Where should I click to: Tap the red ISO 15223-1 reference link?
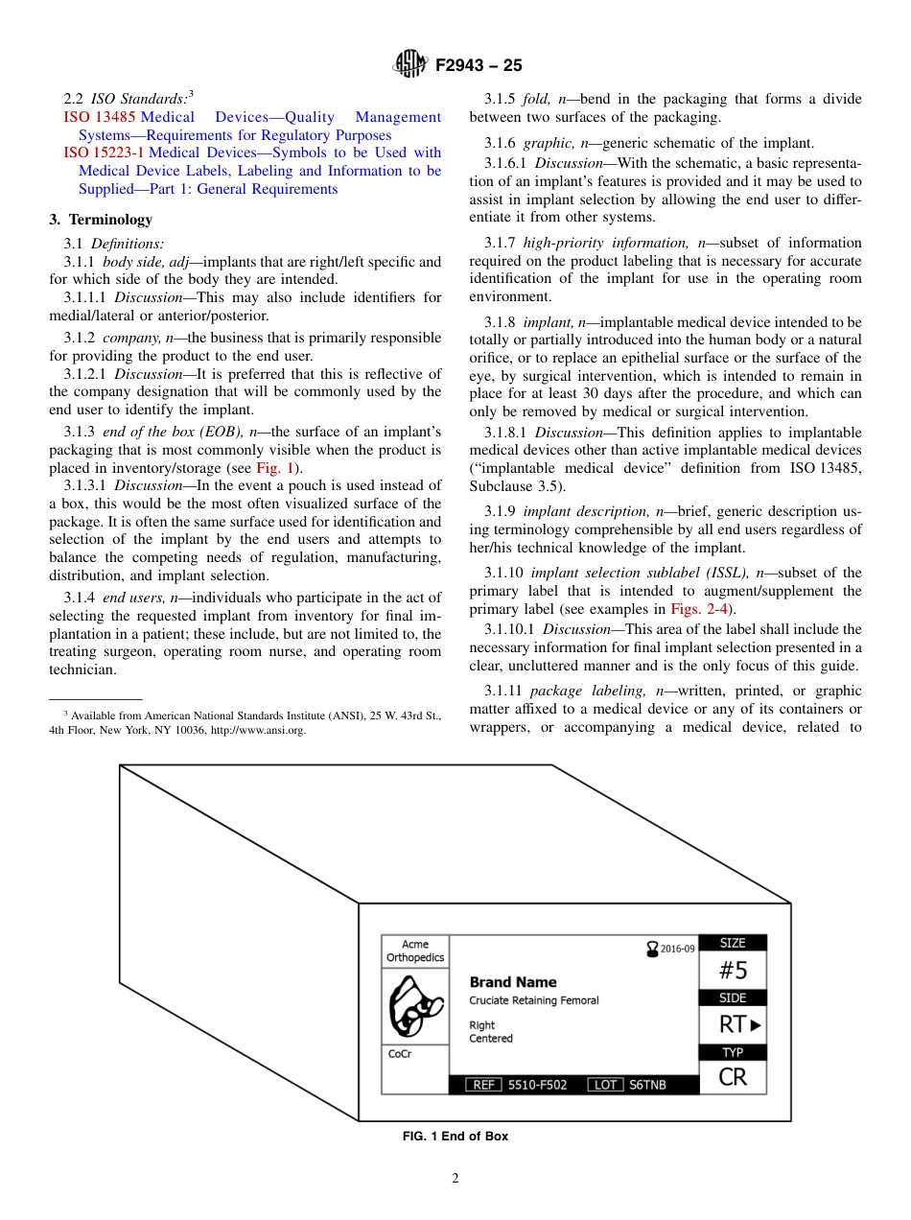[104, 152]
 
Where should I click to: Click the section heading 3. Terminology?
[101, 220]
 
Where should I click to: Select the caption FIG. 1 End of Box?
[455, 1137]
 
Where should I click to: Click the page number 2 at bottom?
[455, 1179]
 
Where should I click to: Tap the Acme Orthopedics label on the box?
[415, 950]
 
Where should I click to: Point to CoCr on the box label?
[401, 1054]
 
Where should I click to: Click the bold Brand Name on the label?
[512, 982]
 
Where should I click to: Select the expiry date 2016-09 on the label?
[676, 949]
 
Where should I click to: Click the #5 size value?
[733, 970]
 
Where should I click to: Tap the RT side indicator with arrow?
[740, 1024]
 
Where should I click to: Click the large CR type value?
[733, 1077]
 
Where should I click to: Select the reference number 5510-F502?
[537, 1085]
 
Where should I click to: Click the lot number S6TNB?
[647, 1085]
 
